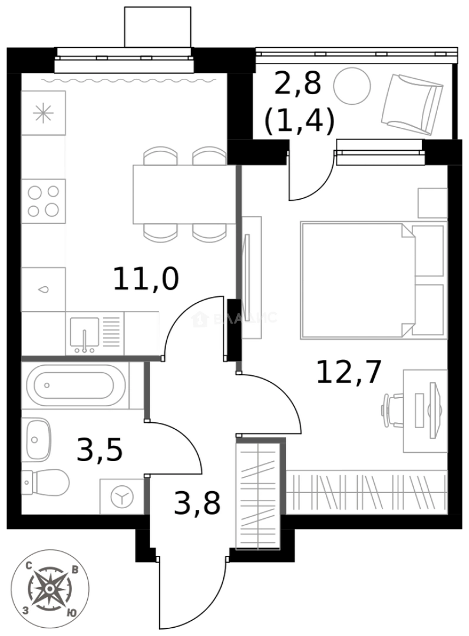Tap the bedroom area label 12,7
pos(349,372)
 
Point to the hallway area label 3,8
pos(197,503)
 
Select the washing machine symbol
pos(122,497)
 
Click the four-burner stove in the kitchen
pos(44,201)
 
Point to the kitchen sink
pos(85,334)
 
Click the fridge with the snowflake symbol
pos(43,113)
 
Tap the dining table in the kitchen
pos(180,194)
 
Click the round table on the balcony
pos(352,87)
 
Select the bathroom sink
pos(37,439)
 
